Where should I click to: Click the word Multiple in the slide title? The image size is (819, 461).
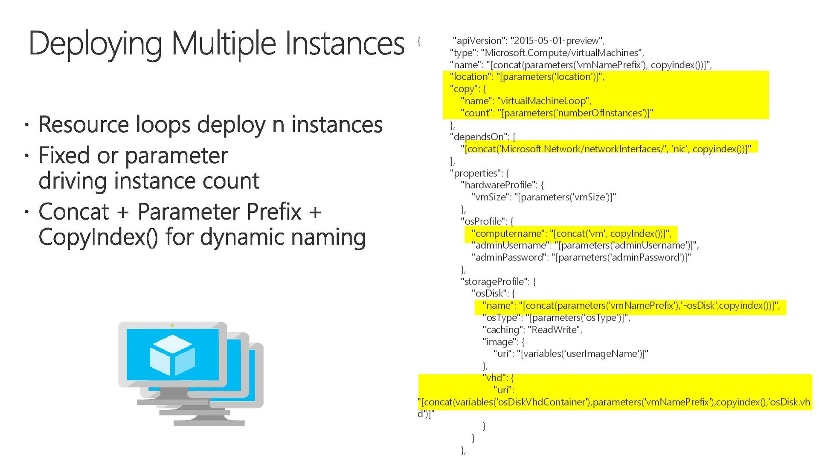(224, 44)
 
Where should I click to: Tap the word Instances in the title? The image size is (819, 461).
(345, 44)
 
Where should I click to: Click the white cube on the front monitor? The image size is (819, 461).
(172, 355)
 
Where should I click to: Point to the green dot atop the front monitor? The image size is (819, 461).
(172, 326)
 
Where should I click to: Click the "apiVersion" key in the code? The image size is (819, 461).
(478, 41)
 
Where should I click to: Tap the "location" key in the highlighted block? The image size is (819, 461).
(470, 77)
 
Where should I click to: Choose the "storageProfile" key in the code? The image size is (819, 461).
(494, 281)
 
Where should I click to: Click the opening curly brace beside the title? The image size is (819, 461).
(419, 41)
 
